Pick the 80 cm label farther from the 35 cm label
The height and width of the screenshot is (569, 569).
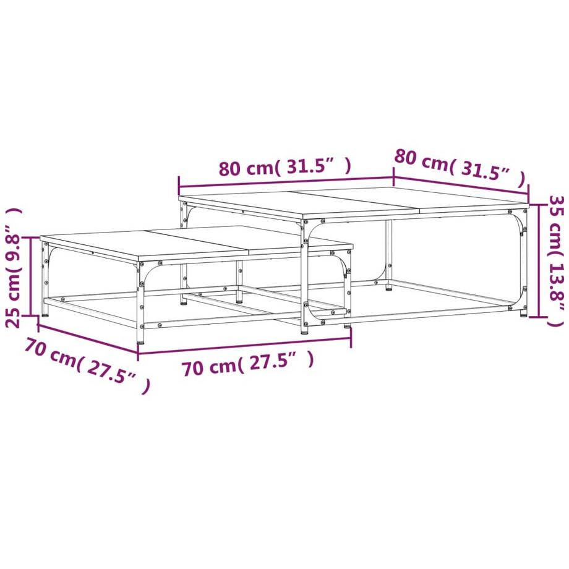[x=284, y=168]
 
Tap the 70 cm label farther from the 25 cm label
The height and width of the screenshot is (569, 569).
[x=247, y=365]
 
